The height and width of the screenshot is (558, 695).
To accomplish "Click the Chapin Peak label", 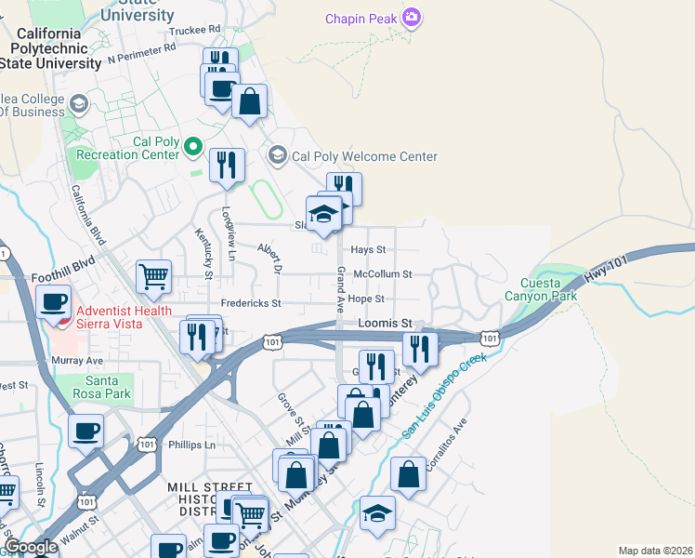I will click(x=361, y=19).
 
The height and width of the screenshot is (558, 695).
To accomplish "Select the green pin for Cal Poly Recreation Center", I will click(x=193, y=146).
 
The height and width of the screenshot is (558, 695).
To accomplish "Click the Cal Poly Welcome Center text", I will click(x=364, y=156).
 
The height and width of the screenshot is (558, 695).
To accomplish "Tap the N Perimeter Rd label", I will click(x=141, y=52).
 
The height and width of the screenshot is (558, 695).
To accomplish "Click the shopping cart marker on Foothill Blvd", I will click(x=153, y=275).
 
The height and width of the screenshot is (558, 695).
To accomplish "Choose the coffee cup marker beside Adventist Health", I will click(x=54, y=301).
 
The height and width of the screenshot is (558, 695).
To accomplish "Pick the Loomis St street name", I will click(x=384, y=323).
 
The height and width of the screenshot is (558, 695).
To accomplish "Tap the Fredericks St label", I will click(x=251, y=304).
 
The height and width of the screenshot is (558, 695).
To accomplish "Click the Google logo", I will click(x=31, y=548).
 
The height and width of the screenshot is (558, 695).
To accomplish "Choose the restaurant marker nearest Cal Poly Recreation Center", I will click(x=227, y=166).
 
